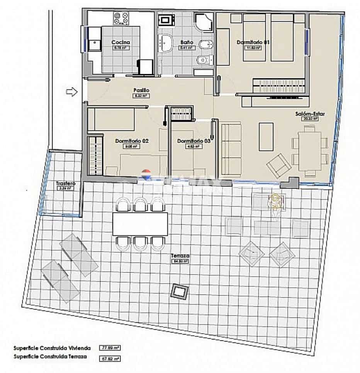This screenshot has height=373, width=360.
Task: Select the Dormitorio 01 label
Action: coord(253,42)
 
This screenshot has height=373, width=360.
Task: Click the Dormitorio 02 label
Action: coord(132,141)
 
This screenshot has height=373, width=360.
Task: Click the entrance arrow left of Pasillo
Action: coord(72,92)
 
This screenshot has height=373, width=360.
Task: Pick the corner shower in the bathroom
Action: coord(204,22)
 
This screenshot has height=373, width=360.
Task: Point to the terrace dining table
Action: coord(140,224)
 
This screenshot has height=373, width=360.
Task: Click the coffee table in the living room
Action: coord(266,136)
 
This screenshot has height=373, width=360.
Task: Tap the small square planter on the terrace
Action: coord(178,291)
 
